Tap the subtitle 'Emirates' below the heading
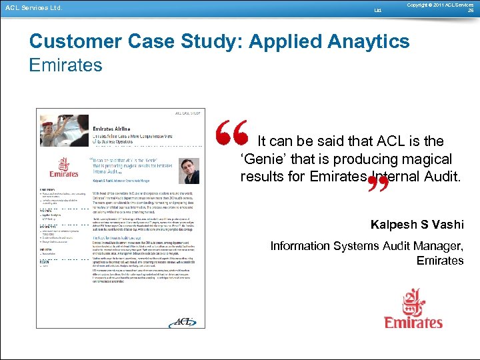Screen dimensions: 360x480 coord(66,65)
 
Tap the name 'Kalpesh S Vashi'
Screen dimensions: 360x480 coord(417,224)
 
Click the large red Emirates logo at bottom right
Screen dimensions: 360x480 coord(413,308)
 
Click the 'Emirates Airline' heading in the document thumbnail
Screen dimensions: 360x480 coord(112,128)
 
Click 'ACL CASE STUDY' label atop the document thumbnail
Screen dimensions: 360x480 coord(187,114)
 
